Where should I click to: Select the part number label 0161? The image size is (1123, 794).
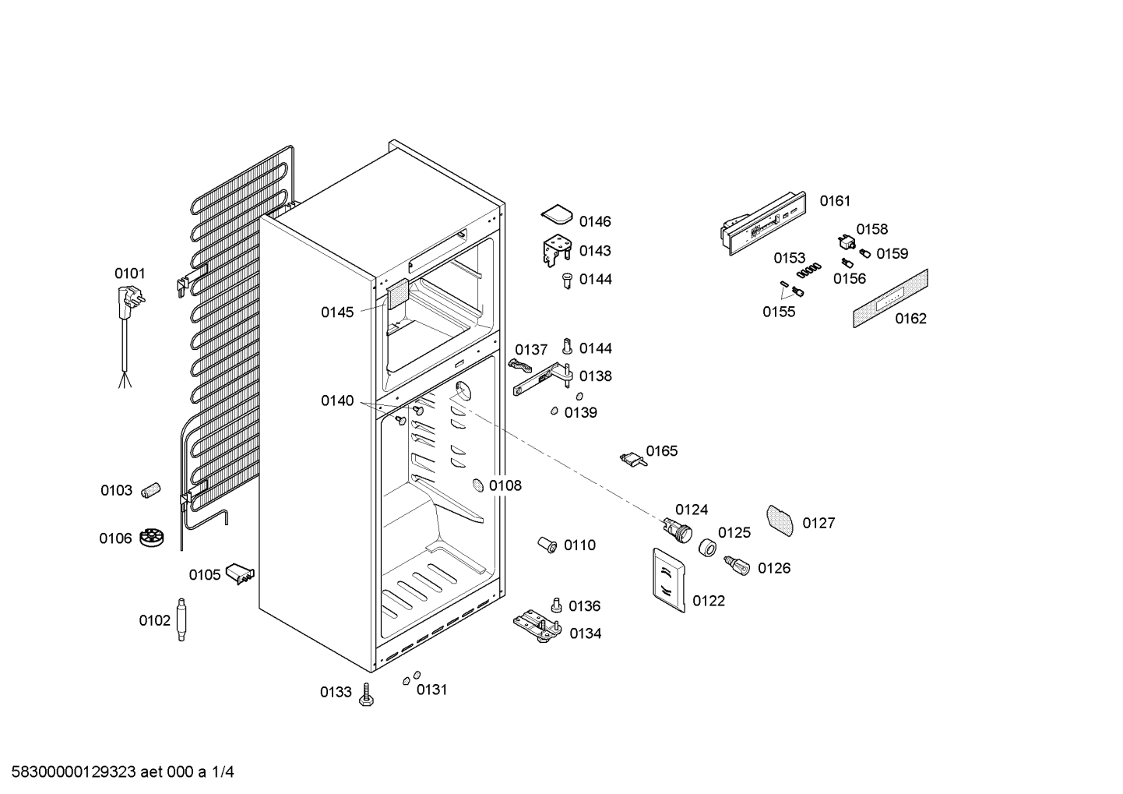click(835, 201)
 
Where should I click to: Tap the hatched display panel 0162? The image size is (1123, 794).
click(890, 298)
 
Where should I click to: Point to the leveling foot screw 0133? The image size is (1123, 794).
click(367, 695)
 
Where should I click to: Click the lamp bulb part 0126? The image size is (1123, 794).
click(737, 566)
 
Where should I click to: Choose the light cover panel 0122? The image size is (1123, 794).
click(669, 580)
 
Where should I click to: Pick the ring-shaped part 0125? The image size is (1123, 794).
click(707, 547)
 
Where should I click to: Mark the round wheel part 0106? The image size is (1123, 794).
click(151, 538)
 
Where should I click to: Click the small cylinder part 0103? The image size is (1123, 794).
click(150, 489)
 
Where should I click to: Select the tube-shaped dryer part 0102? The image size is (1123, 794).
click(181, 619)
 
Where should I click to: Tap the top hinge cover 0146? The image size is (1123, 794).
click(557, 215)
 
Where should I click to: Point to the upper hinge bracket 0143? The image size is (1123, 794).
click(557, 252)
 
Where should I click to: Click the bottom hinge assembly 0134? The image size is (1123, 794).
click(538, 626)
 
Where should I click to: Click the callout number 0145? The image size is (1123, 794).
click(337, 312)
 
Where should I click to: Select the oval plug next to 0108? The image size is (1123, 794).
click(477, 485)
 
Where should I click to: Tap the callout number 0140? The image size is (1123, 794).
click(337, 401)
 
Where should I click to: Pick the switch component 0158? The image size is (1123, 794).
click(847, 243)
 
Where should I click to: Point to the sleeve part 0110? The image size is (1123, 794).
click(547, 544)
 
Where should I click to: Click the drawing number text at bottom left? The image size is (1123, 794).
click(123, 771)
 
